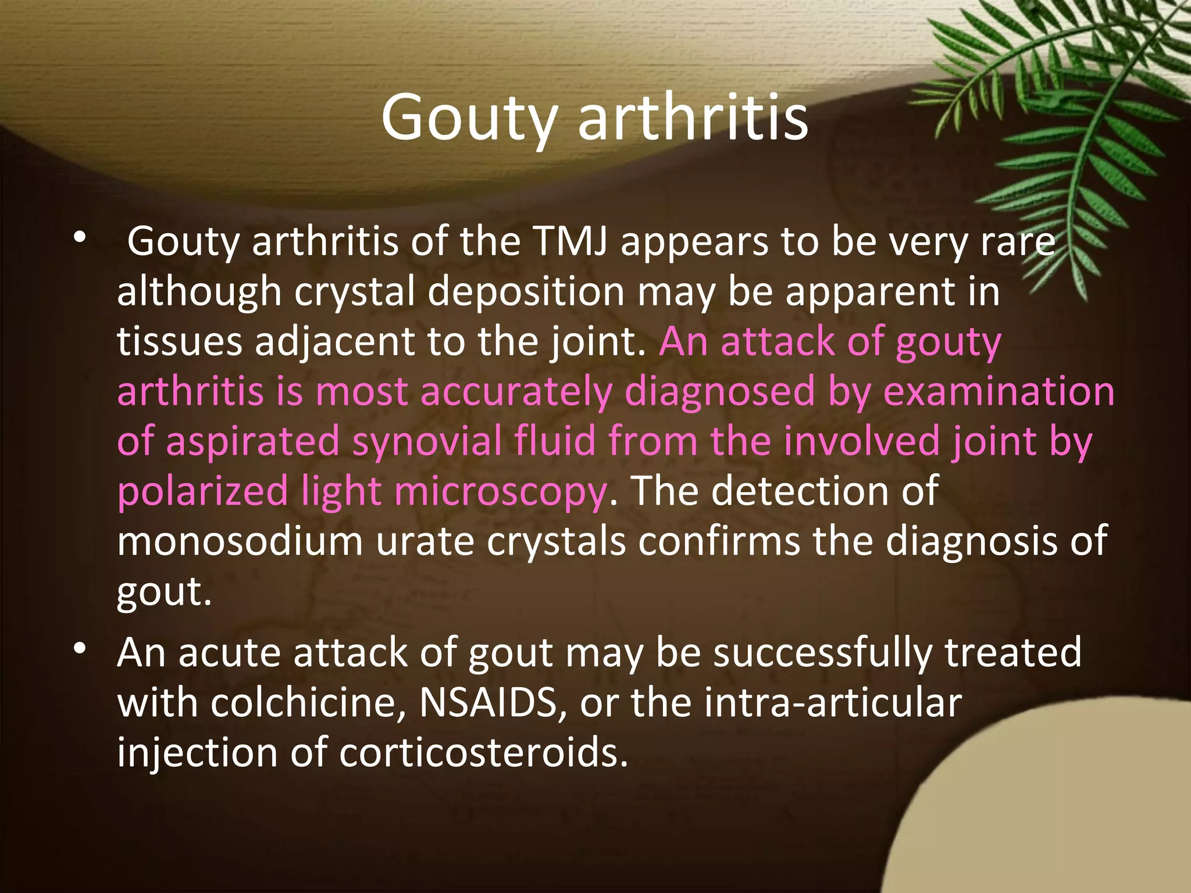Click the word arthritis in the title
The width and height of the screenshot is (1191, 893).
(693, 118)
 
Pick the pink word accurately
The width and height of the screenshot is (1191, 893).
(515, 392)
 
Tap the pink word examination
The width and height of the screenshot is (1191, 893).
(999, 391)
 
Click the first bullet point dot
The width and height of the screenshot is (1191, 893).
(80, 237)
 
